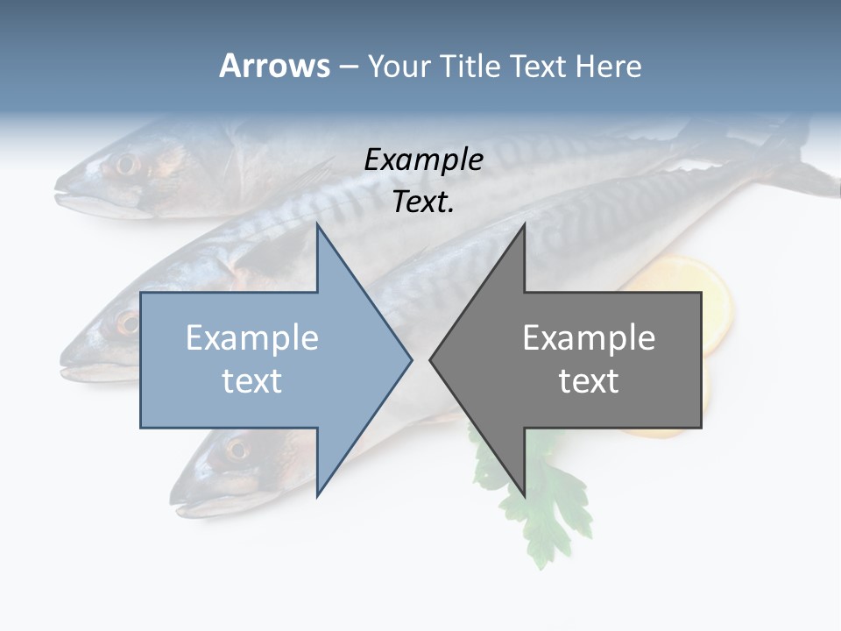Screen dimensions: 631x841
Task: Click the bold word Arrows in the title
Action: click(274, 66)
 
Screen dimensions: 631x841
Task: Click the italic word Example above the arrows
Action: click(423, 160)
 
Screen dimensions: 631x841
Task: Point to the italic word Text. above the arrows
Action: click(423, 202)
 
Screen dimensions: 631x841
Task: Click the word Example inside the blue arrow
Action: click(252, 337)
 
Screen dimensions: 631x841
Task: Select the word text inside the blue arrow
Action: click(252, 380)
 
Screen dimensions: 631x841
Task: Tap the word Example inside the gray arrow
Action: click(589, 337)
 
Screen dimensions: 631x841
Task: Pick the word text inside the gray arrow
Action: click(589, 380)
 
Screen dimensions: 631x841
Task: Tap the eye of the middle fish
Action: click(129, 323)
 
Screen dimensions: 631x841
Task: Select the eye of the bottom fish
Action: click(236, 450)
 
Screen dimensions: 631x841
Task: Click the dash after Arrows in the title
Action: click(348, 67)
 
